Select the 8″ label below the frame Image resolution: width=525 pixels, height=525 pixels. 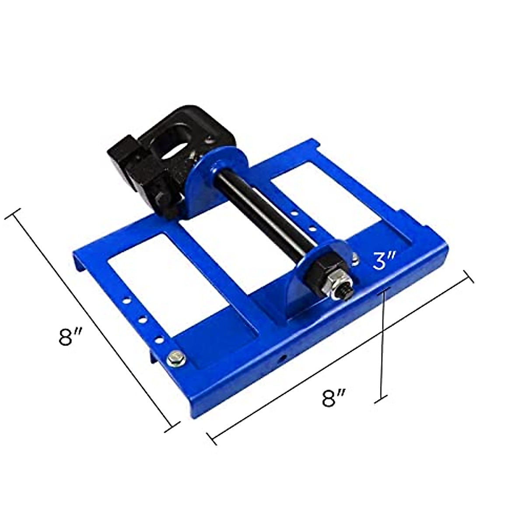pyautogui.click(x=334, y=398)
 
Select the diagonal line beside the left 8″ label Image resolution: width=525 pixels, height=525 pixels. pyautogui.click(x=94, y=319)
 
